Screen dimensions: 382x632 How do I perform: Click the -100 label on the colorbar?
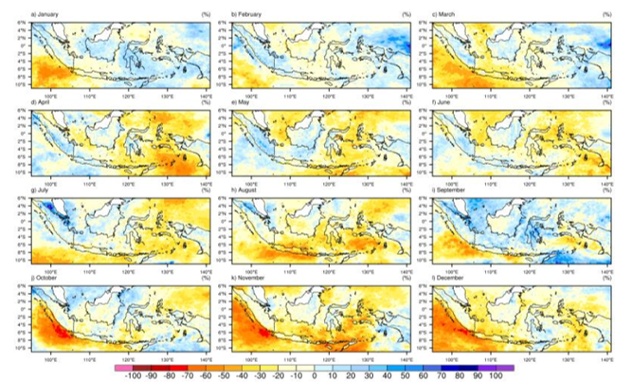(x=133, y=375)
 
